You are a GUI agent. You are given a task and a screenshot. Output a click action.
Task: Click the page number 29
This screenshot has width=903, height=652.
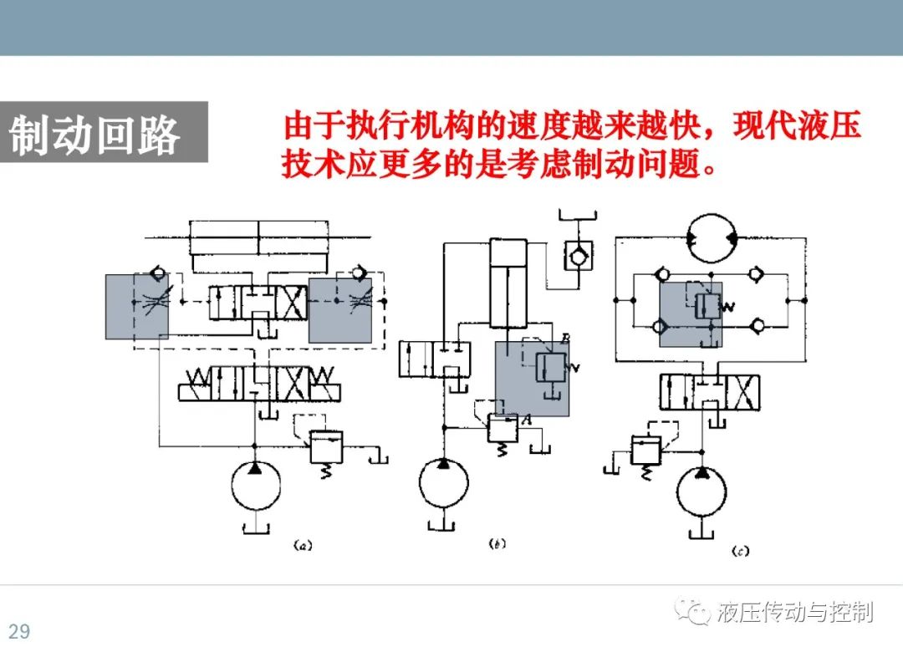point(19,631)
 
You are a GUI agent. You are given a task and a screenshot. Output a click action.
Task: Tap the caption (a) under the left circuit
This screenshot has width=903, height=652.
point(303,545)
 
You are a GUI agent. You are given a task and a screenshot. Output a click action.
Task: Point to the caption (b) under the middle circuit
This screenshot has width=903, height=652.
point(497,543)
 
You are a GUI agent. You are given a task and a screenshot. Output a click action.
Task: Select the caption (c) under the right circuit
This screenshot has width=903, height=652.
point(741,551)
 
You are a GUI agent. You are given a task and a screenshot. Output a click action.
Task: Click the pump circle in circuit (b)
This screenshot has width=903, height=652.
point(443,482)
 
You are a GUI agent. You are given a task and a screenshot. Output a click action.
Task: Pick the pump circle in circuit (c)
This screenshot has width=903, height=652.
point(701,492)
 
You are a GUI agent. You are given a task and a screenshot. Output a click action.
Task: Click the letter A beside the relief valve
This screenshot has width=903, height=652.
point(527,420)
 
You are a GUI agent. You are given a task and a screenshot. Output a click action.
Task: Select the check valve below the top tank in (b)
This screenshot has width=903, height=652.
point(578,256)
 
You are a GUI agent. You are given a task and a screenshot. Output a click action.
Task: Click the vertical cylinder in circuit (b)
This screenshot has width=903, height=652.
point(508,283)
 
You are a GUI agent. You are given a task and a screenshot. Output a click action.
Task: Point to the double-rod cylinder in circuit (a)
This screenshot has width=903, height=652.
point(258,237)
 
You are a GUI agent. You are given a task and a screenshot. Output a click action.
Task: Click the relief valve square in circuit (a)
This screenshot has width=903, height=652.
point(326,447)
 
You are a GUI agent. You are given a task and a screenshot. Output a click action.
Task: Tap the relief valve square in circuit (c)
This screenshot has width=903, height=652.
point(646,450)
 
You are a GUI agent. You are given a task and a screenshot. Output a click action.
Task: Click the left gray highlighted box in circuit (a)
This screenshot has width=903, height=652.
point(137,307)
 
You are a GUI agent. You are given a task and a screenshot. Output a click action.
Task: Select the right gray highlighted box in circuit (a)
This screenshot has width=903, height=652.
point(340,310)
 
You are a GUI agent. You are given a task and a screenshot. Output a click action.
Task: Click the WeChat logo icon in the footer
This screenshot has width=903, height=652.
point(693,611)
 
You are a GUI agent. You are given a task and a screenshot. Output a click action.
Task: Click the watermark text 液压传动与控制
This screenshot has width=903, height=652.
point(795,612)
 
